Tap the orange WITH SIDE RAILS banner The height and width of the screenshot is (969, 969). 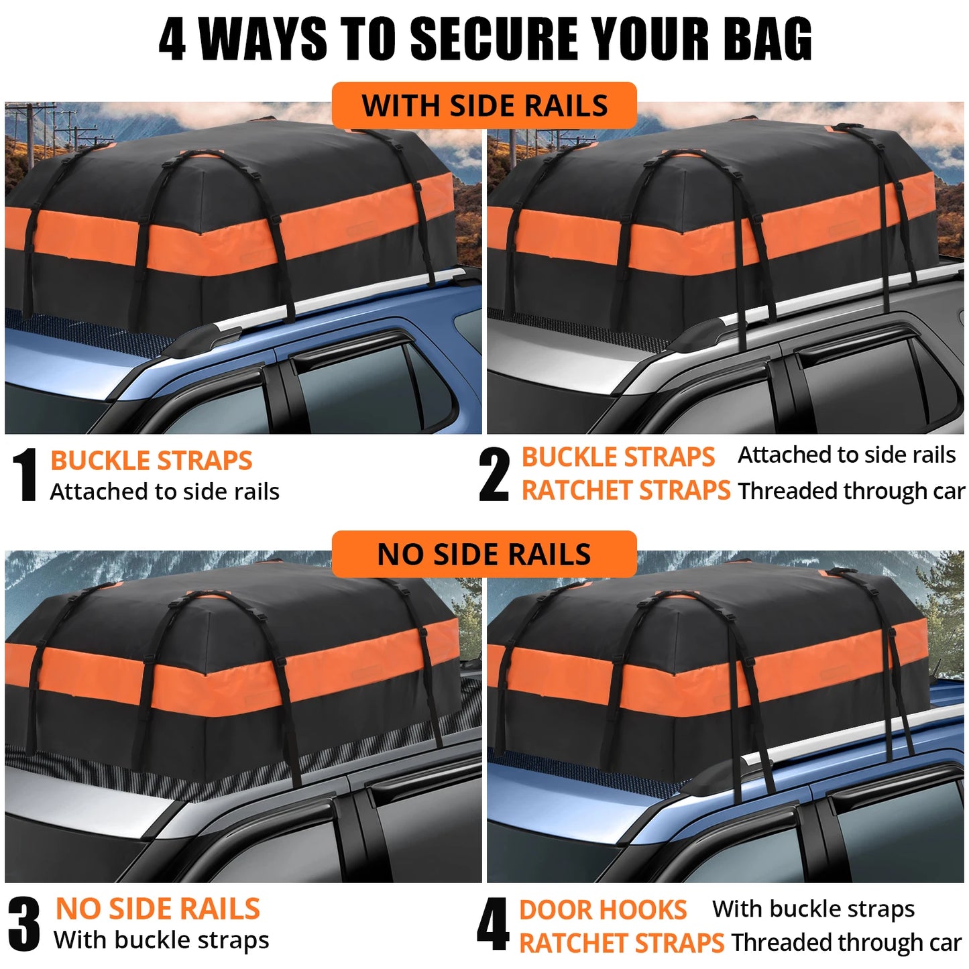coord(484,105)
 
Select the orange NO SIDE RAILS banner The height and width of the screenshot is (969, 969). coord(484,554)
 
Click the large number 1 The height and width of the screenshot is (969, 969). coord(25,475)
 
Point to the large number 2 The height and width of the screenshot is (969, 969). coord(494,475)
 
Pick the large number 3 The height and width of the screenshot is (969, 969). coord(25,924)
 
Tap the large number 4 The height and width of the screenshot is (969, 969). coord(493,925)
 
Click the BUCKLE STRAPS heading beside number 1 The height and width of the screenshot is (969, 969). coord(151,461)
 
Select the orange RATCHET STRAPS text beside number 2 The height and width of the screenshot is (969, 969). coord(626,490)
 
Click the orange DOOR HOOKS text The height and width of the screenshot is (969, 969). coord(602,910)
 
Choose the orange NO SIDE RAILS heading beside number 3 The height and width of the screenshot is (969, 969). coord(158,909)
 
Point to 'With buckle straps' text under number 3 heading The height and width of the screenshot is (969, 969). coord(161,940)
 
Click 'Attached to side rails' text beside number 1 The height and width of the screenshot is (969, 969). coord(164,492)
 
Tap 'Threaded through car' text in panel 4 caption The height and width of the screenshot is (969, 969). coord(846,942)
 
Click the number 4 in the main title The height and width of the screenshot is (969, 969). coord(172,39)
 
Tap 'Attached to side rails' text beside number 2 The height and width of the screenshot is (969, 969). coord(846,455)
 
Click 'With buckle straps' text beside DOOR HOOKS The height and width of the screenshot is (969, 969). coord(813,909)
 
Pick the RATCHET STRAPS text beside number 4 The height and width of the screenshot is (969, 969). coord(622,943)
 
